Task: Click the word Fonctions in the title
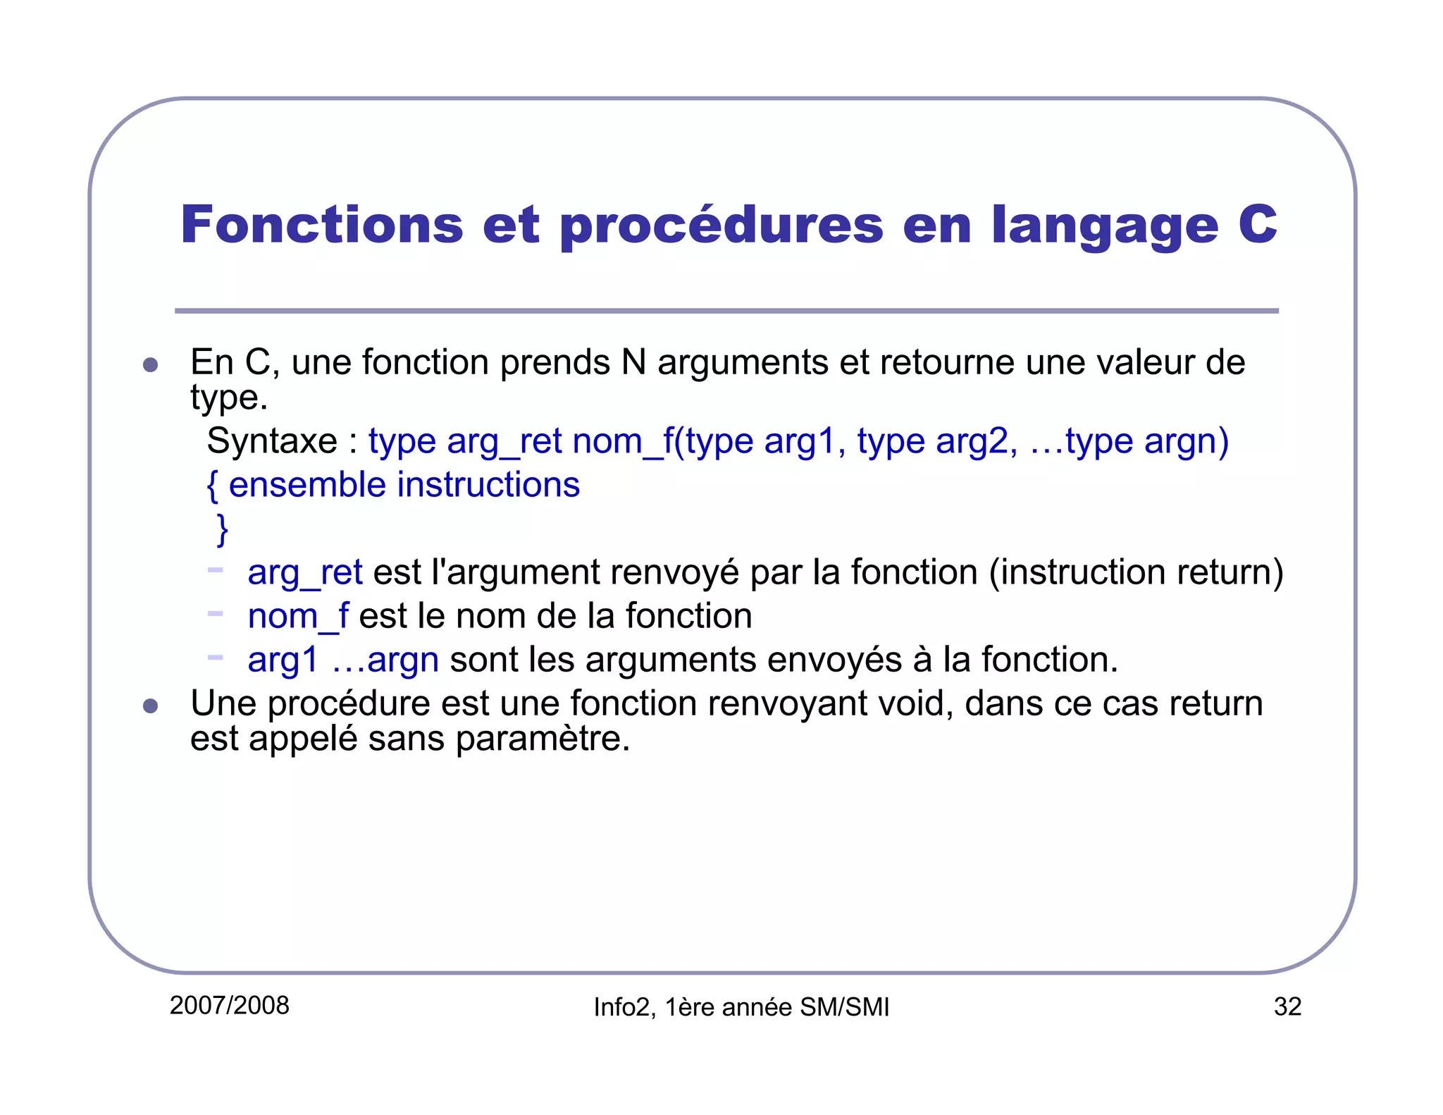pyautogui.click(x=322, y=225)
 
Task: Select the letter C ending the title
pyautogui.click(x=1258, y=225)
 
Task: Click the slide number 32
pyautogui.click(x=1287, y=1006)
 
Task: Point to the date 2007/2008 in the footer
pyautogui.click(x=230, y=1005)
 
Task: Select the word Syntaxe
pyautogui.click(x=272, y=442)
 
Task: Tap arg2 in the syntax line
pyautogui.click(x=976, y=442)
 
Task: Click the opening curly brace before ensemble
pyautogui.click(x=212, y=486)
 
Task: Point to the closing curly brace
pyautogui.click(x=223, y=529)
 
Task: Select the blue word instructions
pyautogui.click(x=488, y=485)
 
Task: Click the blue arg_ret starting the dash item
pyautogui.click(x=305, y=572)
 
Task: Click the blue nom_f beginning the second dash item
pyautogui.click(x=298, y=616)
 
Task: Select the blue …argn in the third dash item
pyautogui.click(x=385, y=660)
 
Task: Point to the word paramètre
pyautogui.click(x=542, y=739)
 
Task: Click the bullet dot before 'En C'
pyautogui.click(x=150, y=364)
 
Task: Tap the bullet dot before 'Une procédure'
pyautogui.click(x=150, y=706)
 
